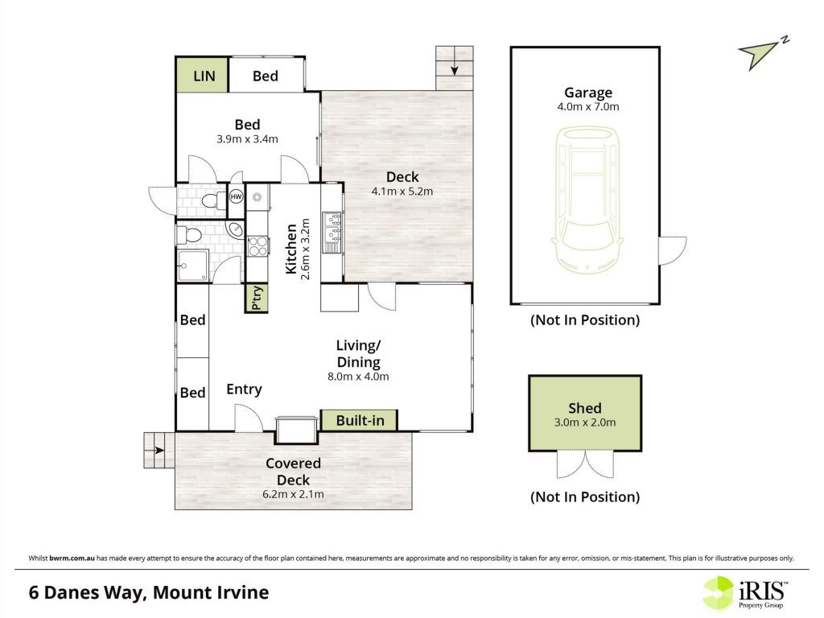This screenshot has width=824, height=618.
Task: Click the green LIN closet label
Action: click(204, 76)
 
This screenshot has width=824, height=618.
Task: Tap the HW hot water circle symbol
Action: click(237, 197)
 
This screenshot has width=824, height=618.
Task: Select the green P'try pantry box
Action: click(257, 299)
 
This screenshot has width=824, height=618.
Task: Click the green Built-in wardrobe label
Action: click(360, 420)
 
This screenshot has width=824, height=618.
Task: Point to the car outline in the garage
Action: click(587, 200)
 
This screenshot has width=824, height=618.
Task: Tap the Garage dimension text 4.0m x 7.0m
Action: click(588, 107)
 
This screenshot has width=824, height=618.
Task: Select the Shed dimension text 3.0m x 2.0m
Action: click(585, 422)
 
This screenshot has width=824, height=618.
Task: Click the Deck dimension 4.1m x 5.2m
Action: click(402, 192)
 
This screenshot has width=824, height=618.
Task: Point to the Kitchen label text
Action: click(290, 249)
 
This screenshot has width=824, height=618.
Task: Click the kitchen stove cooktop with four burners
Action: click(257, 246)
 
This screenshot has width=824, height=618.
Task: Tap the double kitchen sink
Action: click(332, 226)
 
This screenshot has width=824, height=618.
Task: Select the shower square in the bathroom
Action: click(192, 266)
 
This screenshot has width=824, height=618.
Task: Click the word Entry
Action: click(244, 389)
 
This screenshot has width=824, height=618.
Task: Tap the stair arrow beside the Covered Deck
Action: click(159, 451)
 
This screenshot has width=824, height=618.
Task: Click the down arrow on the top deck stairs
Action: click(454, 69)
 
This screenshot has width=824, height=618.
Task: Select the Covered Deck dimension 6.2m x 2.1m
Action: click(293, 495)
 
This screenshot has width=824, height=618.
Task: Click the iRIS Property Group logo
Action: click(746, 593)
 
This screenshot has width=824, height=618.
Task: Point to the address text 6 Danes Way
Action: click(85, 593)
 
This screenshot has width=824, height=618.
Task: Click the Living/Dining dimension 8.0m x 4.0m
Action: click(358, 377)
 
